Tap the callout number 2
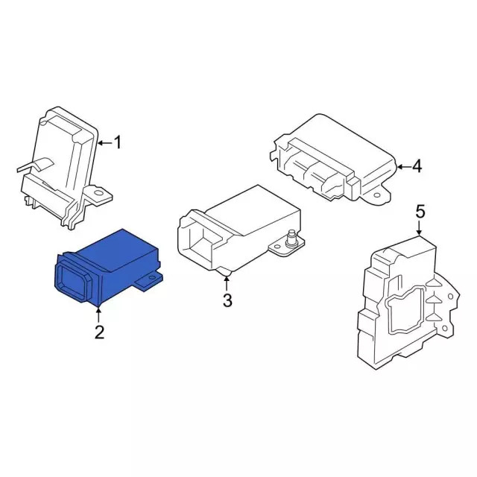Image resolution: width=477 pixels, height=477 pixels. pyautogui.click(x=99, y=332)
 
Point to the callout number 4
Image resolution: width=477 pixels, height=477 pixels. pyautogui.click(x=417, y=167)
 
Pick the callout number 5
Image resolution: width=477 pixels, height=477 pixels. pyautogui.click(x=420, y=212)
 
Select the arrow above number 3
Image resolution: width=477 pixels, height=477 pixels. pyautogui.click(x=227, y=282)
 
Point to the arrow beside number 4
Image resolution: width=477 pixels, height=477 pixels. pyautogui.click(x=402, y=167)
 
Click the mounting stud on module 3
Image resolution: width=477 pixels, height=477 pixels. pyautogui.click(x=290, y=239)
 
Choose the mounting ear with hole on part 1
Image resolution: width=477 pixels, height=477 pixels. pyautogui.click(x=99, y=195)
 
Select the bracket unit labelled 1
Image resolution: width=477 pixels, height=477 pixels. pyautogui.click(x=63, y=164)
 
